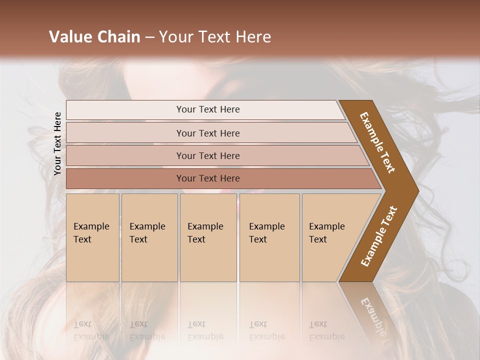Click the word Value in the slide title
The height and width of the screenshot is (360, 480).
(69, 37)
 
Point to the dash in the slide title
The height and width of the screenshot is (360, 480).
(149, 37)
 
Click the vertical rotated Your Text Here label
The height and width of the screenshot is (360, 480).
(57, 143)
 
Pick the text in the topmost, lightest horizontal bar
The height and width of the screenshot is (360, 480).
(208, 109)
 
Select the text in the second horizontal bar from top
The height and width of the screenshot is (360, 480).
(208, 133)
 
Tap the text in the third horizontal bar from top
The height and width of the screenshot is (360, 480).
(208, 156)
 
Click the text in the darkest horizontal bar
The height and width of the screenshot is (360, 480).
(208, 178)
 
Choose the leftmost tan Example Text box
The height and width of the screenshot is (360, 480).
(92, 237)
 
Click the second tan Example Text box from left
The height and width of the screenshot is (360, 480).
(149, 237)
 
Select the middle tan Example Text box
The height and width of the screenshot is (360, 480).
(208, 237)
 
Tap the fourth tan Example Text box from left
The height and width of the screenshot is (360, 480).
(269, 237)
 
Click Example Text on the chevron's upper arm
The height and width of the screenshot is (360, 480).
(377, 142)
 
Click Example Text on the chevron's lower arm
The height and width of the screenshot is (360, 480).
(379, 236)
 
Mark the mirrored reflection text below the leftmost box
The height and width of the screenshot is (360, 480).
(91, 330)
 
